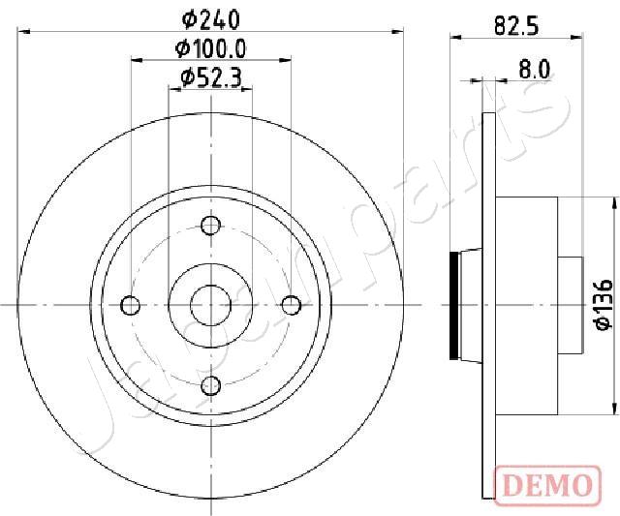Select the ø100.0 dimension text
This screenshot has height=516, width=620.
(x=210, y=47)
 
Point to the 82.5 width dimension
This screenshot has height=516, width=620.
(x=515, y=26)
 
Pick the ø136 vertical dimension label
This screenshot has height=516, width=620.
(x=603, y=305)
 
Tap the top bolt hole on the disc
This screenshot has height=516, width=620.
(x=210, y=226)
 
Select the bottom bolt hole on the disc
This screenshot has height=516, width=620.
(x=210, y=386)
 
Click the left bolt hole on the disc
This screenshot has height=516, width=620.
(x=130, y=306)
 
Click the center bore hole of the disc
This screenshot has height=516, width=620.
(x=210, y=306)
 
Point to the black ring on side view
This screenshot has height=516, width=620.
(x=457, y=305)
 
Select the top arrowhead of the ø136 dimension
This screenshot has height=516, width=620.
(x=614, y=203)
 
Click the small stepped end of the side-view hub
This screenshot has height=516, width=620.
(x=571, y=305)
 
